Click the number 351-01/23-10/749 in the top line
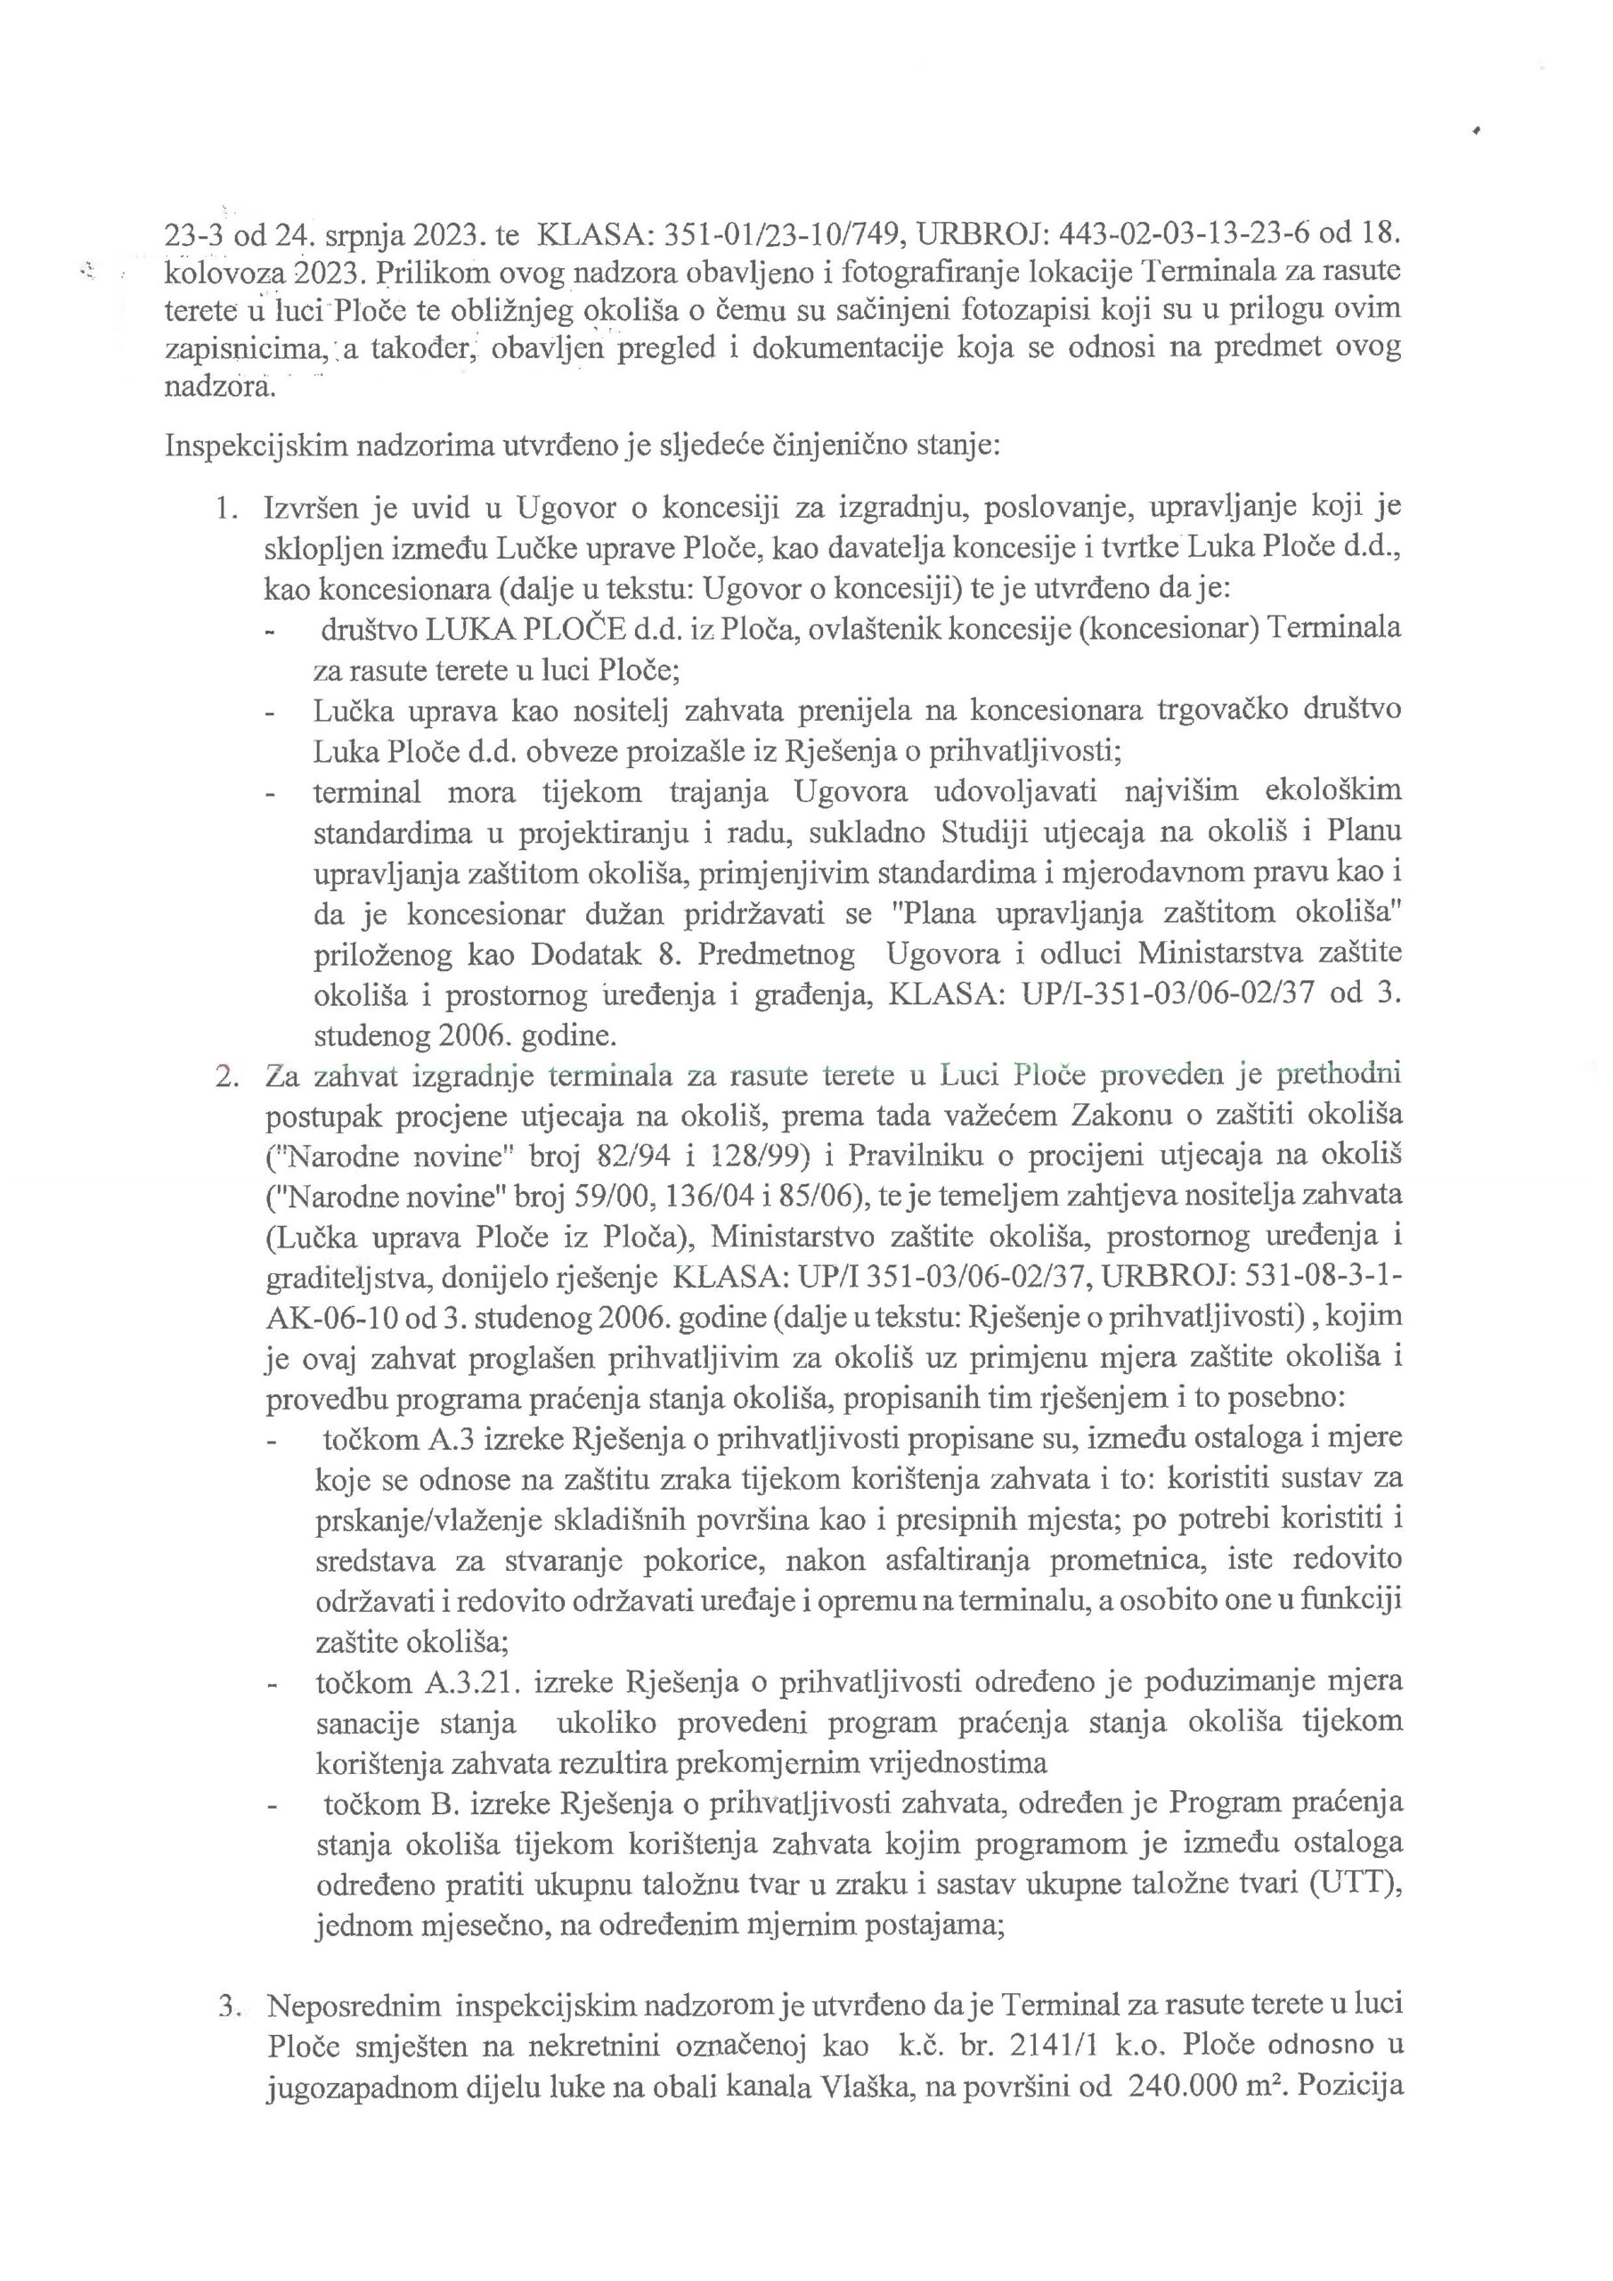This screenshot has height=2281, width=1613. click(x=778, y=234)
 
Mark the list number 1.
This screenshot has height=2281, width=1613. click(x=224, y=507)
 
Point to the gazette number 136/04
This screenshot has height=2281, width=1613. click(x=706, y=1196)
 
